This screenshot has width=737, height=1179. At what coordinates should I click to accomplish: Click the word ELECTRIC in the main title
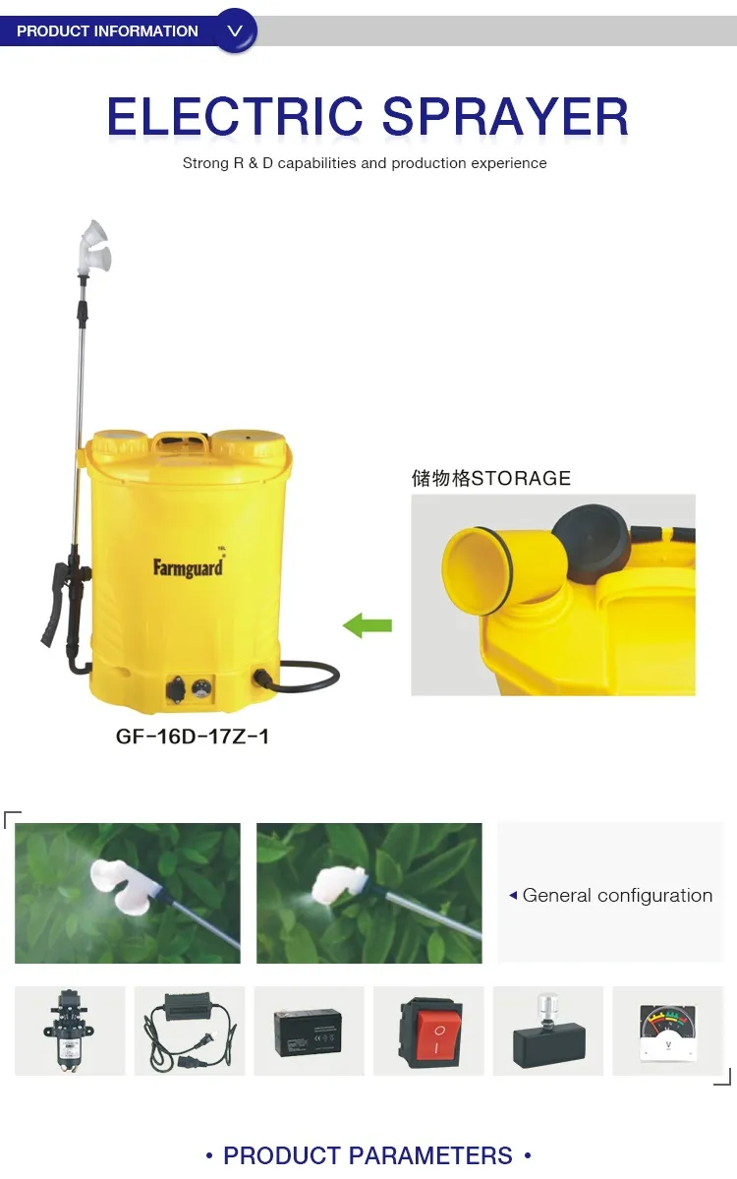pos(235,117)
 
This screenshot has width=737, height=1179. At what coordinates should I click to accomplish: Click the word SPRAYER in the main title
pos(505,117)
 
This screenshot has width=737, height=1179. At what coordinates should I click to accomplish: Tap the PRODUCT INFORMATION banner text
pos(107,31)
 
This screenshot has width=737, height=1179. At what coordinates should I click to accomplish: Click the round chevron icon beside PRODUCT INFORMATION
pos(235,30)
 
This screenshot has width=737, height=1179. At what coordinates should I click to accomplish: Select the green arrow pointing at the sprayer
pos(368,625)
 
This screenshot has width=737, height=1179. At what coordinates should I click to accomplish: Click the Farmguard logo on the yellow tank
pos(188,567)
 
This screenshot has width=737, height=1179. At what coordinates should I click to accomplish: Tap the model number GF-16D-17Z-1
pos(193,736)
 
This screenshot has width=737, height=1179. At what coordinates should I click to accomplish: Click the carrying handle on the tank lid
pos(181,442)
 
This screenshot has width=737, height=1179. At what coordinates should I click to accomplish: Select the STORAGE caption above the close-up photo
pos(490,479)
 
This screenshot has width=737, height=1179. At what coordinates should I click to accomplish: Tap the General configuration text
pos(617,895)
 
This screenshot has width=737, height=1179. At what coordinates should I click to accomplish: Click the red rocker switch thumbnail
pos(429,1032)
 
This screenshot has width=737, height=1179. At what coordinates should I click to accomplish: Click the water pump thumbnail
pos(69,1032)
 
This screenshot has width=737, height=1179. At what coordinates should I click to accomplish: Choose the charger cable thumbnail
pos(189,1032)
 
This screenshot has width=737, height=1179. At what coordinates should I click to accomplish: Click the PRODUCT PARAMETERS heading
pos(368,1155)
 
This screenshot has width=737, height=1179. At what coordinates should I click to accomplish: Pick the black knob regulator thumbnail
pos(548,1032)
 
